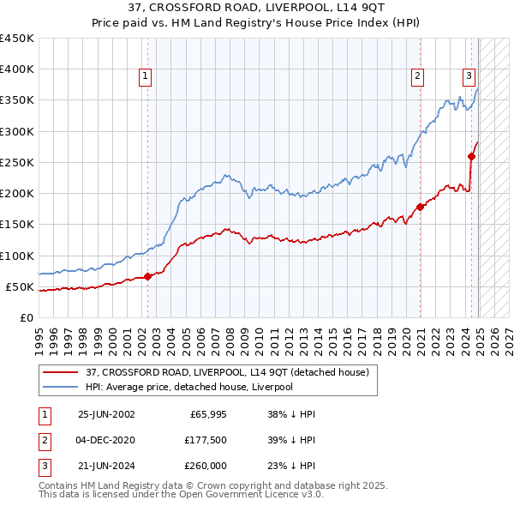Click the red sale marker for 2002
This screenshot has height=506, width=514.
click(147, 276)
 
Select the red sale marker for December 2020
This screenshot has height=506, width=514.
click(421, 207)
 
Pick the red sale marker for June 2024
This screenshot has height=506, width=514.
click(471, 156)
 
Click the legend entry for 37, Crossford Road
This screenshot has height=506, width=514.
click(227, 372)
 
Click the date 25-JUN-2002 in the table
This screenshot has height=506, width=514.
click(106, 413)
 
